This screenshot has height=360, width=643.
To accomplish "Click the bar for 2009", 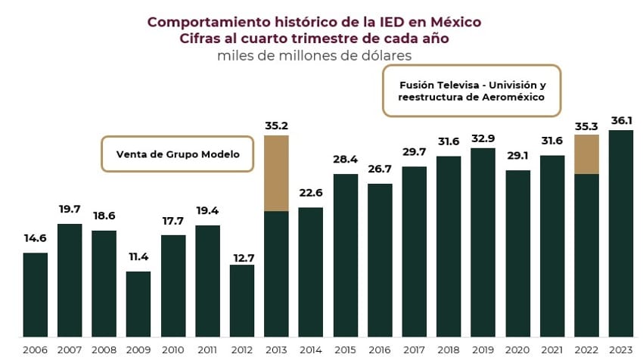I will (138, 304).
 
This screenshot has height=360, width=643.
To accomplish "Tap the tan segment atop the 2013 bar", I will (276, 173).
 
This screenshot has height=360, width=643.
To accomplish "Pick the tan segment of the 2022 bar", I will (586, 154).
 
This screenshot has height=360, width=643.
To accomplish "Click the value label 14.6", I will (35, 238).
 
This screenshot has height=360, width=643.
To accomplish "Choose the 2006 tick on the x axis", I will (35, 349).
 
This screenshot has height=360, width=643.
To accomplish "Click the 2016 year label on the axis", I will (380, 349).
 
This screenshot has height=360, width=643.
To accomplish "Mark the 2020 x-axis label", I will (517, 349).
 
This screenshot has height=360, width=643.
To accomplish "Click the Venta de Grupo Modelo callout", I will (178, 154).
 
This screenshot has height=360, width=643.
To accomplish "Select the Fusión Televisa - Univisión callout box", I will (472, 91).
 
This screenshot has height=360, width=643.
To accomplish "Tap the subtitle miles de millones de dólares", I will (313, 54).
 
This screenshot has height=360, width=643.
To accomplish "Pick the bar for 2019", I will (483, 242).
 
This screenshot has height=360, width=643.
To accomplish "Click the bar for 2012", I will (242, 300).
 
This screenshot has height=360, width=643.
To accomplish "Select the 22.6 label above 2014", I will (311, 194).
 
